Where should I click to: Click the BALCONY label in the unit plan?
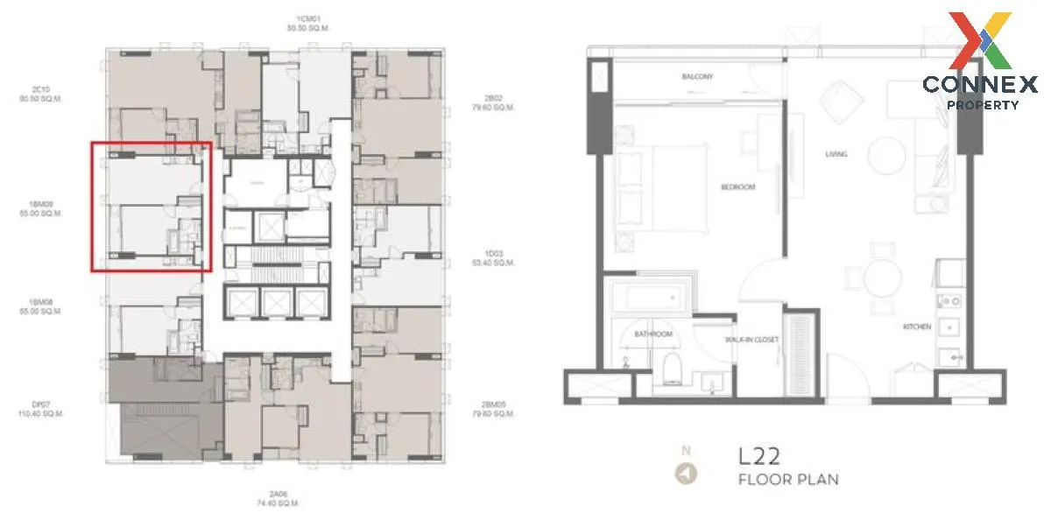pyautogui.click(x=697, y=77)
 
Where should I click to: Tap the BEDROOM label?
pyautogui.click(x=737, y=186)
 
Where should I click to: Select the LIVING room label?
pyautogui.click(x=836, y=154)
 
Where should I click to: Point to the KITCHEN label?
pyautogui.click(x=916, y=327)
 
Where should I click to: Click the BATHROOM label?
pyautogui.click(x=653, y=334)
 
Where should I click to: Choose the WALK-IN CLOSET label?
pyautogui.click(x=751, y=340)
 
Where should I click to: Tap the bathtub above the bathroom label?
pyautogui.click(x=646, y=298)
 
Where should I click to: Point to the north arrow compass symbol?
pyautogui.click(x=686, y=474)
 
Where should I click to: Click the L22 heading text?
pyautogui.click(x=759, y=456)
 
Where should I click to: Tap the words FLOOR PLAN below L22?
pyautogui.click(x=788, y=480)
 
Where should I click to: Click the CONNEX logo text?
pyautogui.click(x=979, y=85)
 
